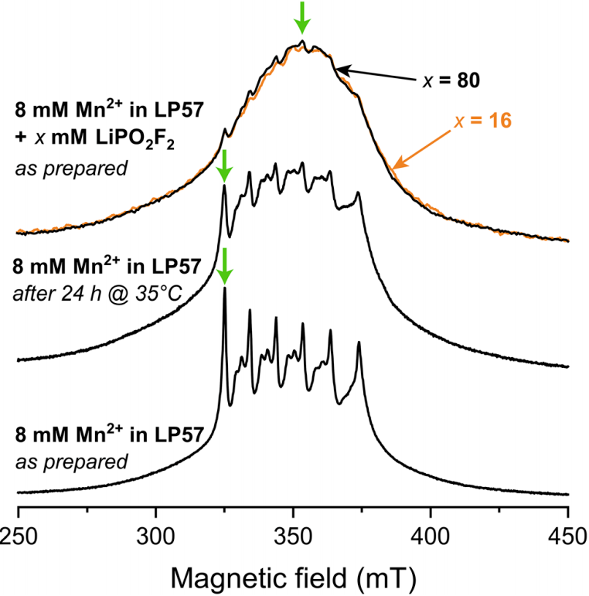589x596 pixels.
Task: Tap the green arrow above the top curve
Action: coord(302,18)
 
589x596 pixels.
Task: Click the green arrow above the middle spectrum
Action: coord(224,165)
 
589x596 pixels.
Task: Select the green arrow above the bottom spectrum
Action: coord(225,266)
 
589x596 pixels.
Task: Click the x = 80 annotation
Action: coord(451,80)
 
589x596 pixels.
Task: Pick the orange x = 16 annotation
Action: coord(483,121)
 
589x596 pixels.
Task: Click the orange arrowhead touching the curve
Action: coord(398,163)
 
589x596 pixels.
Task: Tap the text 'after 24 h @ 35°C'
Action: coord(97,294)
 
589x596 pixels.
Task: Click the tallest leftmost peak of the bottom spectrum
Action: coord(225,289)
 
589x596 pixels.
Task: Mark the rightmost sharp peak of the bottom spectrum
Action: coord(359,344)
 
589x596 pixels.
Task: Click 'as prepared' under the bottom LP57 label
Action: coord(71,461)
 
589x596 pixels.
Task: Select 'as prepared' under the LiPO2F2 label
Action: coord(71,169)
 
